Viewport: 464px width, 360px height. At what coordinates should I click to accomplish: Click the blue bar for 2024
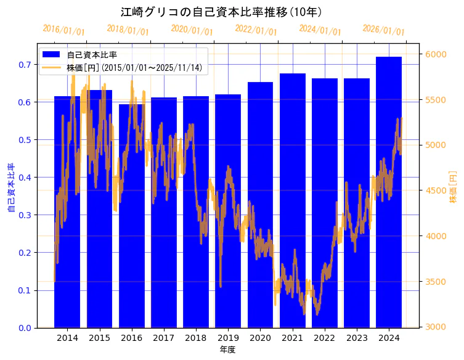(389, 192)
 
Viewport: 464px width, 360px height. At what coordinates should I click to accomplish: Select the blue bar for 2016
(131, 216)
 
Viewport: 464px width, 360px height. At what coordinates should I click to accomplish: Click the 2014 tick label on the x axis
(67, 338)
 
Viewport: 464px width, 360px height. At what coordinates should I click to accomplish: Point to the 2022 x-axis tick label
(325, 338)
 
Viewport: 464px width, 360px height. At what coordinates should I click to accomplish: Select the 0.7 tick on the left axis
(25, 65)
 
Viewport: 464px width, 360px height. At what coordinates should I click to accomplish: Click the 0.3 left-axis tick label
(25, 215)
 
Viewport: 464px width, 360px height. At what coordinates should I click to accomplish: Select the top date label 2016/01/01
(64, 30)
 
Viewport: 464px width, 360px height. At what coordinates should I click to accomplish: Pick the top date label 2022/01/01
(256, 30)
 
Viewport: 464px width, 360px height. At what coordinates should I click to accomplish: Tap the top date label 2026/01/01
(384, 30)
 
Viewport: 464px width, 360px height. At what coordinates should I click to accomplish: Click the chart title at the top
(221, 12)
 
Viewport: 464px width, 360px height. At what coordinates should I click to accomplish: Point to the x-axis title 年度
(228, 350)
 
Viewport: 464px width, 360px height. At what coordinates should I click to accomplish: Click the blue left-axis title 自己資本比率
(10, 187)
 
